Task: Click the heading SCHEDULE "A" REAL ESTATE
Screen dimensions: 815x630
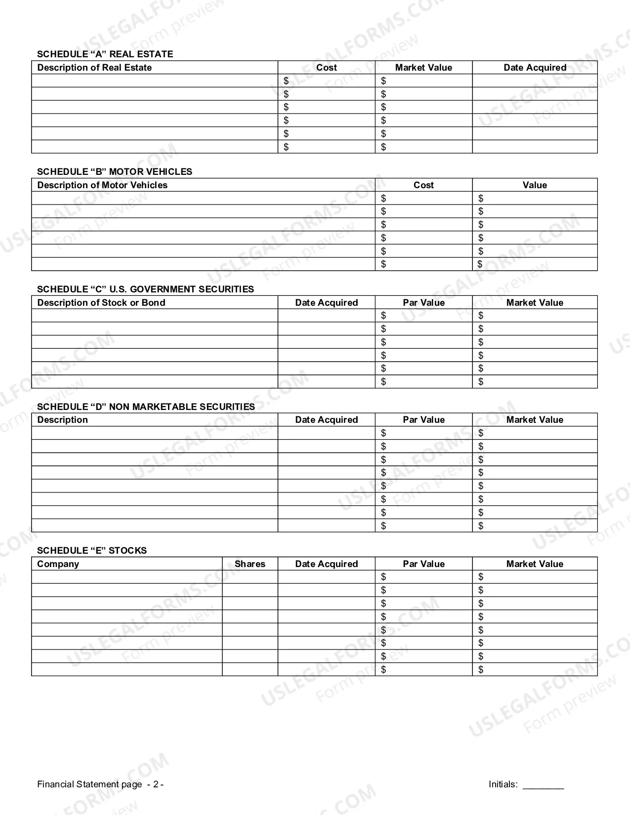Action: pyautogui.click(x=105, y=54)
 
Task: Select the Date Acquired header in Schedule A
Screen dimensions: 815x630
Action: pyautogui.click(x=535, y=68)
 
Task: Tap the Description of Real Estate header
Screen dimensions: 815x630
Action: pyautogui.click(x=94, y=68)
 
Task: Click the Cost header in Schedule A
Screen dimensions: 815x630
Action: pyautogui.click(x=326, y=68)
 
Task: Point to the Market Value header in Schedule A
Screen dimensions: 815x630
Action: pyautogui.click(x=423, y=68)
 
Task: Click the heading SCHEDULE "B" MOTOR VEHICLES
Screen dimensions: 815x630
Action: pyautogui.click(x=115, y=172)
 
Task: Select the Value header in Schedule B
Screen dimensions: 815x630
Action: pyautogui.click(x=535, y=185)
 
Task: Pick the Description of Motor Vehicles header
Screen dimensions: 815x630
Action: pyautogui.click(x=102, y=185)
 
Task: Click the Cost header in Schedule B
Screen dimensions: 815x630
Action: pyautogui.click(x=423, y=185)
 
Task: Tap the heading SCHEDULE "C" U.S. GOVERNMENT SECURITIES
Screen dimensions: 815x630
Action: pyautogui.click(x=145, y=289)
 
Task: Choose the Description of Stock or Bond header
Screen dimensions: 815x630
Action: pyautogui.click(x=101, y=303)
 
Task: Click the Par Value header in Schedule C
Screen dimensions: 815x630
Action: pyautogui.click(x=423, y=303)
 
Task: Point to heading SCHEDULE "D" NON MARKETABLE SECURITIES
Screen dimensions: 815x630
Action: pyautogui.click(x=146, y=407)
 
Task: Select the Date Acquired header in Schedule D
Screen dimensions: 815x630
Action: pyautogui.click(x=326, y=420)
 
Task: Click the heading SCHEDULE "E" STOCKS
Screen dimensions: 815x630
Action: pyautogui.click(x=92, y=551)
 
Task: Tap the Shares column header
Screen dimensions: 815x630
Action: pyautogui.click(x=250, y=564)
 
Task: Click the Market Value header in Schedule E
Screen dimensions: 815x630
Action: pyautogui.click(x=535, y=564)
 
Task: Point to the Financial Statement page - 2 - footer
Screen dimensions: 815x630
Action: pyautogui.click(x=100, y=784)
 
